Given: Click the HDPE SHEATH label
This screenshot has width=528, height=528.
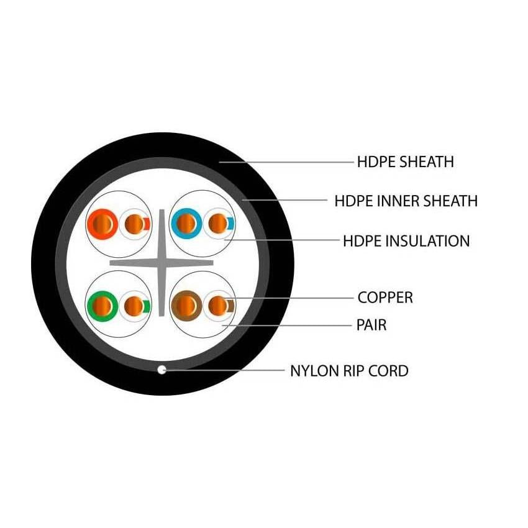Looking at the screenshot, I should coord(405,162).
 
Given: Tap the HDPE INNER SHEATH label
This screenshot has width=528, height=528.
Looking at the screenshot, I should coord(406,201).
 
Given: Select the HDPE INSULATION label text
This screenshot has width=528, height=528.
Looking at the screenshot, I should coord(406,240).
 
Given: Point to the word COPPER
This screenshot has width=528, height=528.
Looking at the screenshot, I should coord(385,298).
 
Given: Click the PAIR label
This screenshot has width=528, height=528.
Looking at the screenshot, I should coord(372,324).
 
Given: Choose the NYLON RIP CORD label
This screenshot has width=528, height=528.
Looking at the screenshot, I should coord(349,371).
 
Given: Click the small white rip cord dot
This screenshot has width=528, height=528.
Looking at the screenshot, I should coord(162,370).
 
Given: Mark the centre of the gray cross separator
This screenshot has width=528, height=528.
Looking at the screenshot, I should coord(162,263).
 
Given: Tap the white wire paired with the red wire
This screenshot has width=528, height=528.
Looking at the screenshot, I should coord(133,223).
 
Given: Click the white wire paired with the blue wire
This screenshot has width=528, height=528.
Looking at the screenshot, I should coord(217,223).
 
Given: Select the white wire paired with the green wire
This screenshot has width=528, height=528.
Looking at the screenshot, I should coord(133,306).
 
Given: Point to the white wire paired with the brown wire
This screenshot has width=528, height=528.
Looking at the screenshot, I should coord(217,306).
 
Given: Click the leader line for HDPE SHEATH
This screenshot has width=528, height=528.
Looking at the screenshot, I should coord(286,162).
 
